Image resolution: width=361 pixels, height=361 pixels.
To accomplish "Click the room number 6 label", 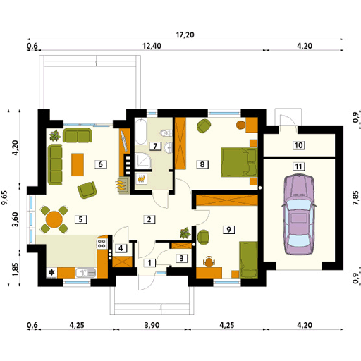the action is [x=101, y=164].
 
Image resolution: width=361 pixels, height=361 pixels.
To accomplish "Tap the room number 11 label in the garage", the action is [x=299, y=166].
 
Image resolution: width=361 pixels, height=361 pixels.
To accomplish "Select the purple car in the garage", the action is [x=299, y=214].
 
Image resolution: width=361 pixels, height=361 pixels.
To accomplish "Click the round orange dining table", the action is [x=54, y=219].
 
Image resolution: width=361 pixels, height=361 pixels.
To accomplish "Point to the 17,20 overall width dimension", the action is [x=185, y=35].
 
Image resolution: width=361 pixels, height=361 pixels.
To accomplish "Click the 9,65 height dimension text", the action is [x=4, y=197].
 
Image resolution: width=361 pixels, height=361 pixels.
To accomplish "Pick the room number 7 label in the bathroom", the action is [x=155, y=146].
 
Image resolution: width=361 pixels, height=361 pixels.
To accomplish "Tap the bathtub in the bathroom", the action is [x=141, y=131].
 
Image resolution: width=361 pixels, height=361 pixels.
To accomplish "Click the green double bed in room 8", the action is [x=239, y=162].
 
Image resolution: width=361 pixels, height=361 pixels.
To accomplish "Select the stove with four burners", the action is [x=102, y=243].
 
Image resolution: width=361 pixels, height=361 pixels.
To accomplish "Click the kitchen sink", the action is [x=85, y=273].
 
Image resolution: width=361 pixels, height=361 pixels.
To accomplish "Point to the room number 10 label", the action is [x=299, y=145].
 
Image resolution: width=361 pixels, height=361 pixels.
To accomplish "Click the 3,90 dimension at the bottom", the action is [x=152, y=325].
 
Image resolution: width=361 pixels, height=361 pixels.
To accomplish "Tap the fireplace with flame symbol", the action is [x=122, y=185].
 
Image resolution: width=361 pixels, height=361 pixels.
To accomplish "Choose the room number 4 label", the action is [x=121, y=248].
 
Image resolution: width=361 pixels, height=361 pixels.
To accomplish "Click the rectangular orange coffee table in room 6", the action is [x=78, y=164].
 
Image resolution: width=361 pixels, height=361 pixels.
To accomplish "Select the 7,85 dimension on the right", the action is [x=355, y=197].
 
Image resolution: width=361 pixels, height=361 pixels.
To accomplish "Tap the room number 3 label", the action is [x=182, y=258].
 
